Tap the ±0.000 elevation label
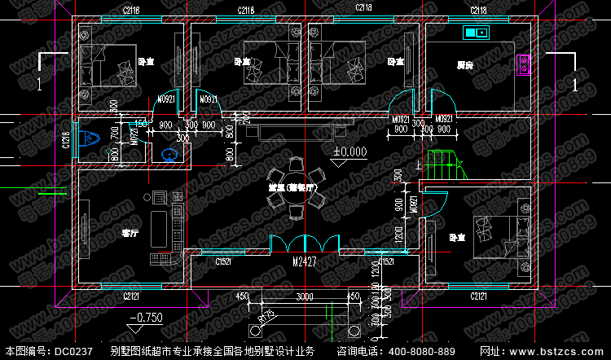coord(349,151)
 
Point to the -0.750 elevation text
coord(146,317)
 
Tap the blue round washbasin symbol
coord(169,152)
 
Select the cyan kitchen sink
coord(476,33)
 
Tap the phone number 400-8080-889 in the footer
coord(423,351)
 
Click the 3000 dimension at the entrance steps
coord(304,296)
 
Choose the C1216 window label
coord(65,139)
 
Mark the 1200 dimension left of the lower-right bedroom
coord(399,236)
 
